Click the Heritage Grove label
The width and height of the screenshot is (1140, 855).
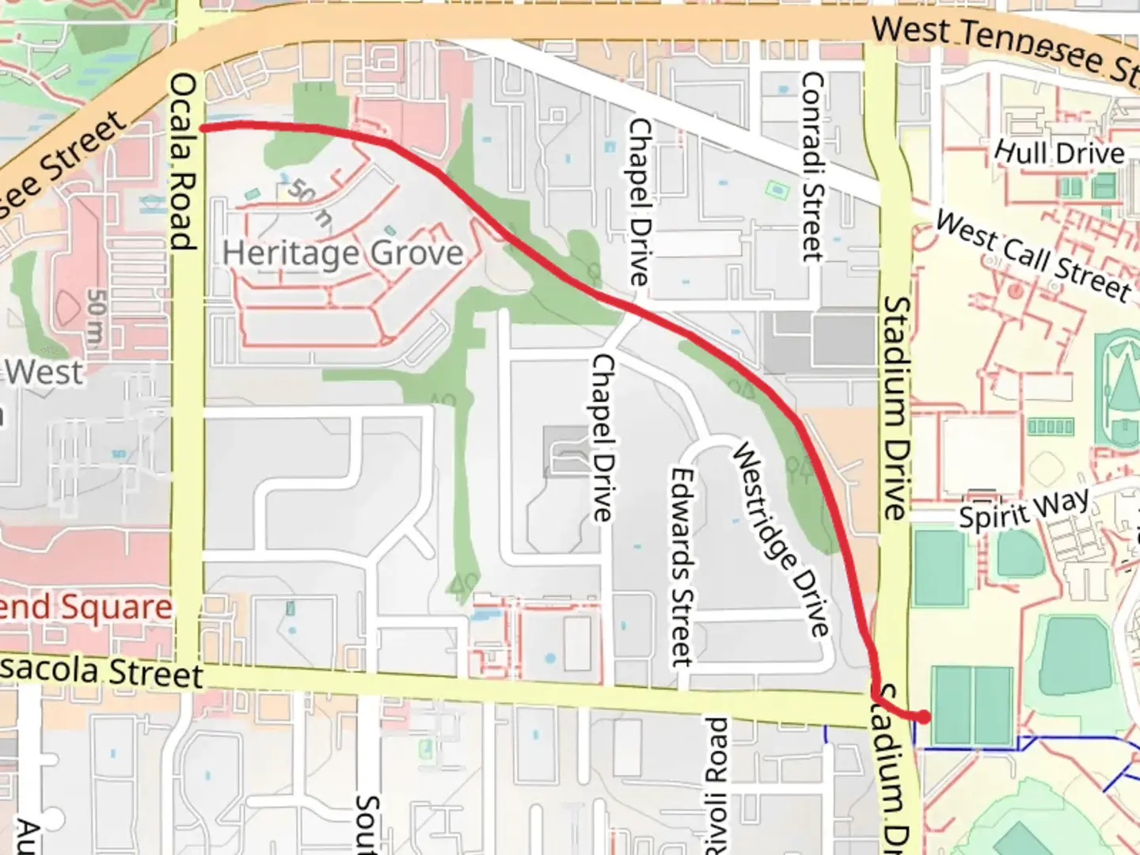click(342, 253)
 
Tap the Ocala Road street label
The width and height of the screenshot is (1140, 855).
click(183, 161)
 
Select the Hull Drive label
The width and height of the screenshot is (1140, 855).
click(1059, 152)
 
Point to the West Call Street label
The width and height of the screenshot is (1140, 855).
click(1032, 256)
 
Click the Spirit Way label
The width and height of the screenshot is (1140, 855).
click(1024, 509)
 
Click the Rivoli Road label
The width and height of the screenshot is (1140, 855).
click(716, 784)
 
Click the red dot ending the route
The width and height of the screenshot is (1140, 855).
click(923, 716)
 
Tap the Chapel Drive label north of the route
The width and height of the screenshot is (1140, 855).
click(640, 202)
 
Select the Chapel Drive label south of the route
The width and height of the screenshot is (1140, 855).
click(602, 437)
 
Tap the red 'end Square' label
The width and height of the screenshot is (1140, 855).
click(85, 608)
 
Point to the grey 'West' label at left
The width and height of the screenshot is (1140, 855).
click(45, 372)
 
